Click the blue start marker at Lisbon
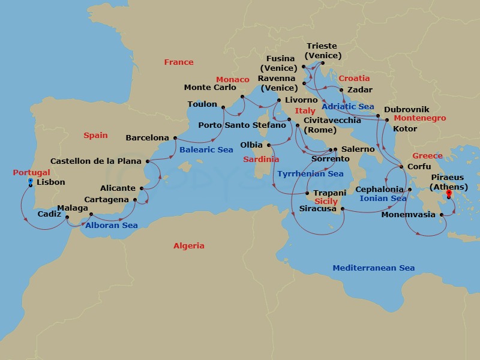click(31, 180)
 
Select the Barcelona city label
click(148, 138)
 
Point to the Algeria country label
click(188, 245)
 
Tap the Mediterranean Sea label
click(373, 268)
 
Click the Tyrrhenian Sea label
click(310, 174)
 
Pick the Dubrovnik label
click(406, 109)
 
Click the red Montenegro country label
click(419, 118)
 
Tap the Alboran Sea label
click(111, 226)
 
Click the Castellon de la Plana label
click(96, 161)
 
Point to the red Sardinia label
click(261, 160)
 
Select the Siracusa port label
click(317, 209)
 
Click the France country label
click(179, 62)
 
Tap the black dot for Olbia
click(269, 145)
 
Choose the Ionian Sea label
click(382, 198)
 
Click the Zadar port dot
click(342, 90)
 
